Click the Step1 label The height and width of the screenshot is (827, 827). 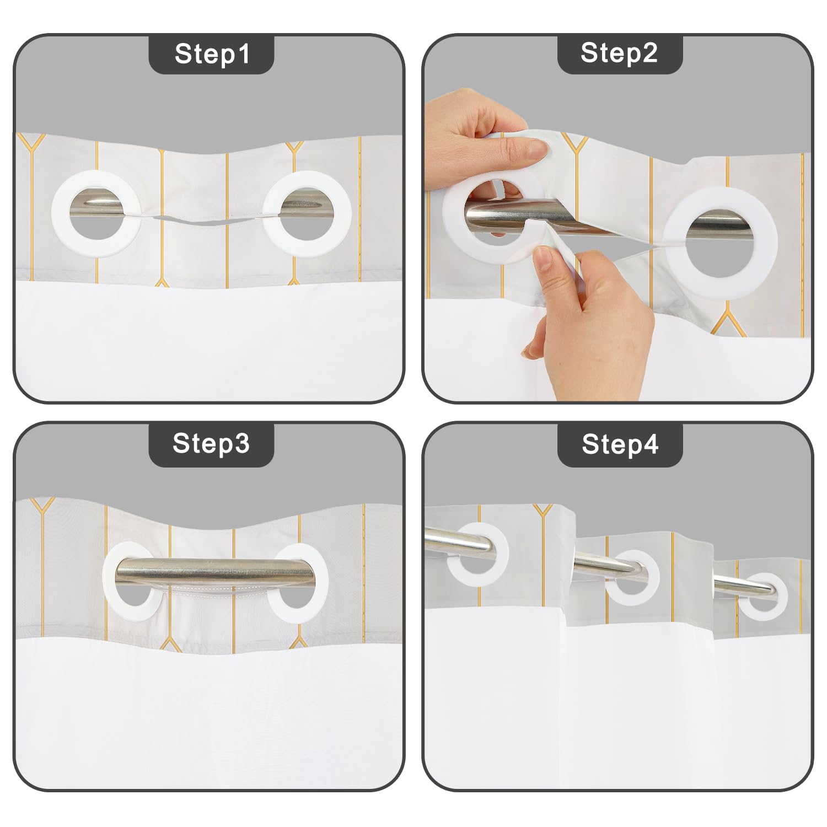click(x=212, y=54)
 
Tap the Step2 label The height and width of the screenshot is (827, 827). click(x=619, y=53)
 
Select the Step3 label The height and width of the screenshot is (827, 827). click(x=211, y=443)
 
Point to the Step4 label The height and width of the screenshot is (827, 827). click(x=620, y=444)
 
